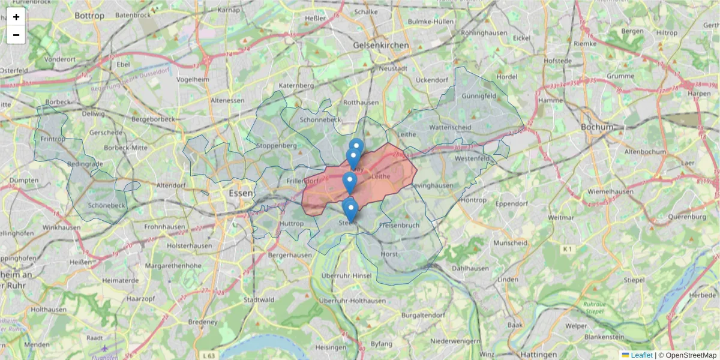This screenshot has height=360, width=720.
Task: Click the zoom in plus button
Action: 16,17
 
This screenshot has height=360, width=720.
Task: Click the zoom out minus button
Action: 16,35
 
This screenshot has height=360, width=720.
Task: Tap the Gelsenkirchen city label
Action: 381,45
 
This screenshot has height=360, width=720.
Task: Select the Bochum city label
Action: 597,127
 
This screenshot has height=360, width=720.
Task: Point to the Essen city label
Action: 241,194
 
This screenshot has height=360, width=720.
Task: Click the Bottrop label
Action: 90,16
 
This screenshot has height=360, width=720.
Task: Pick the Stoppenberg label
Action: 277,145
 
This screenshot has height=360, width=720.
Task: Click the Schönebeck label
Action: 107,205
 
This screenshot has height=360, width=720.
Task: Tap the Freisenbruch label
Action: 400,226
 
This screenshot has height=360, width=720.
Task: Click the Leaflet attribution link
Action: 641,355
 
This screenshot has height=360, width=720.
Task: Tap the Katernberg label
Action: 296,86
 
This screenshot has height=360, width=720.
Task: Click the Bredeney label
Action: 202,322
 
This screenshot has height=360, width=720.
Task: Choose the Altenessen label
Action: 227,100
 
